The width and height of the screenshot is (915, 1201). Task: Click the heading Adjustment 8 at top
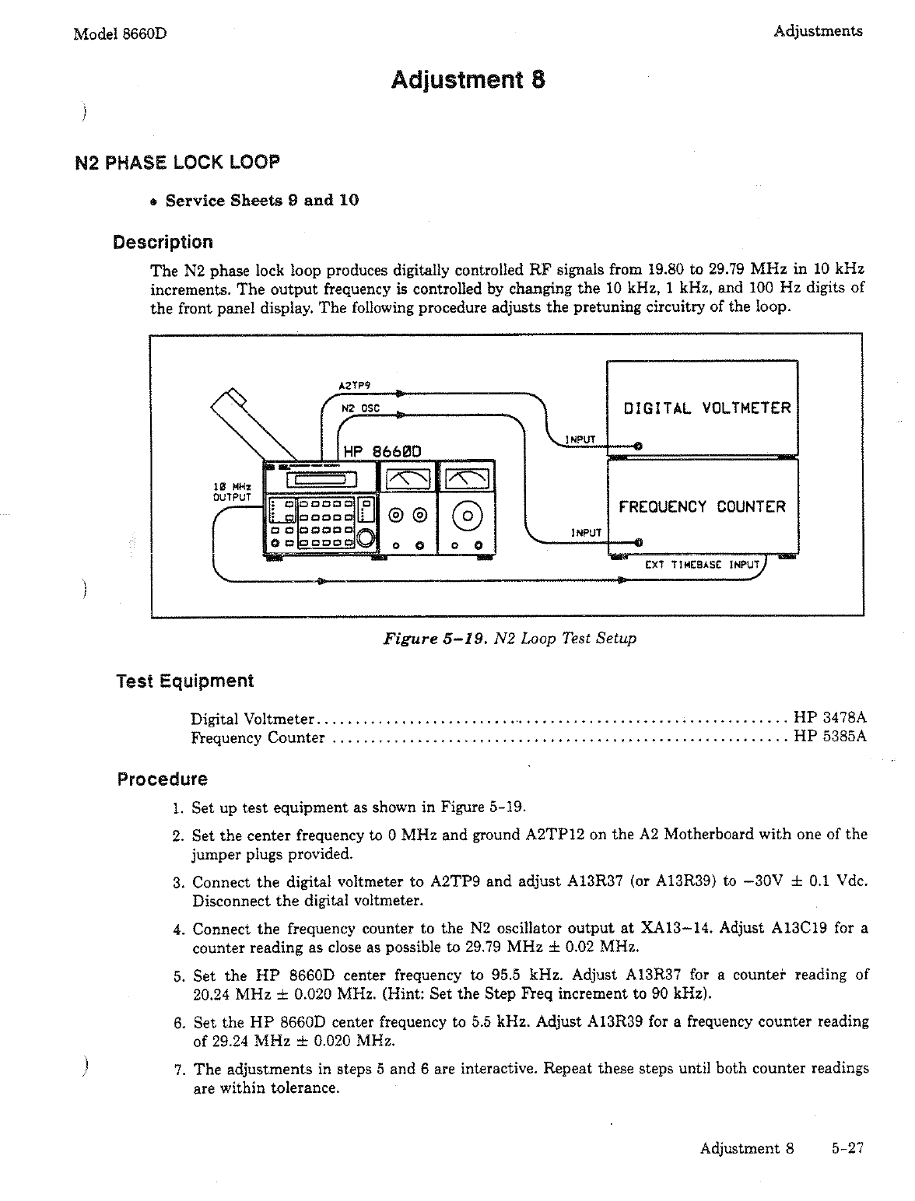(467, 80)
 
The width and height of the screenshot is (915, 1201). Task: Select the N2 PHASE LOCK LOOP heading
(177, 163)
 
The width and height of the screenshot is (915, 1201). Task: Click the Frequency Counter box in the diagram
(702, 507)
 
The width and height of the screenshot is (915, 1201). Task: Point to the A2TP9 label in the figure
(355, 385)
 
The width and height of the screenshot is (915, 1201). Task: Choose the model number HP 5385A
(829, 737)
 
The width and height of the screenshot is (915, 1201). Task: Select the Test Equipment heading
(184, 681)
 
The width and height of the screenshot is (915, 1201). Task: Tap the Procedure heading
(162, 779)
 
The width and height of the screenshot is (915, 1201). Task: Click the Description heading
(163, 242)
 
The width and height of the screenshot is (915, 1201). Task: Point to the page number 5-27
(847, 1148)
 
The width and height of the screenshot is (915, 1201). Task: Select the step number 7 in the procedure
(178, 1069)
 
